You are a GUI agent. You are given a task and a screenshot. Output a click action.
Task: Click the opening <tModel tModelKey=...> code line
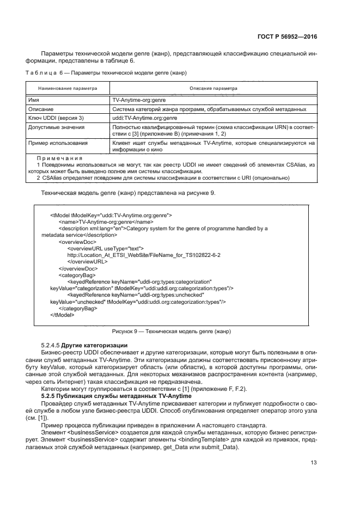click(111, 215)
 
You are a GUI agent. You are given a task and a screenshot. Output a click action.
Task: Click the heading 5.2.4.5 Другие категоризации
click(84, 346)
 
